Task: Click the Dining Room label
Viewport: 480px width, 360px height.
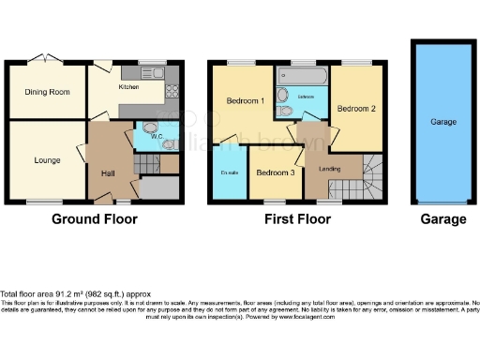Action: click(47, 92)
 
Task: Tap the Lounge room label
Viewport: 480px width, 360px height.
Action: click(47, 160)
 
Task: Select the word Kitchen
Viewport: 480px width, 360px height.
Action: click(129, 86)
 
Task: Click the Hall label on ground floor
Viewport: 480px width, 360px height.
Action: click(108, 172)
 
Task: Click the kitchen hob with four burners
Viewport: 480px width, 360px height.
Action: click(172, 91)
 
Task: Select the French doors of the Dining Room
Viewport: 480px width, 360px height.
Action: click(44, 59)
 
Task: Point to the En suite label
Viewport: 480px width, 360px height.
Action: click(229, 172)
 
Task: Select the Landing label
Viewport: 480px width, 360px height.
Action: click(330, 169)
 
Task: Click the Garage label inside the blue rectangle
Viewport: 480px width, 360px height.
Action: click(442, 122)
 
